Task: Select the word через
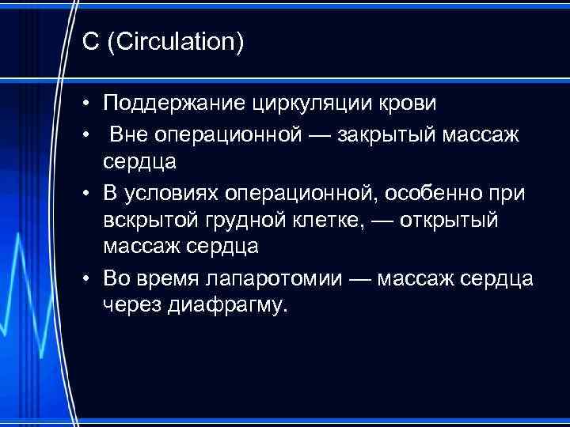132,306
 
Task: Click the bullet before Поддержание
90,104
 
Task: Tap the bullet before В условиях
90,192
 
